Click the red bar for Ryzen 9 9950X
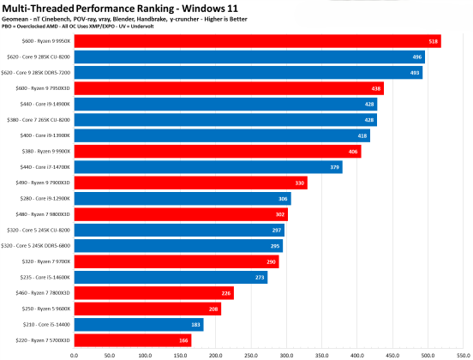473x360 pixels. click(x=257, y=41)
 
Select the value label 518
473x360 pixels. click(x=434, y=41)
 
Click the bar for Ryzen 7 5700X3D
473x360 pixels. click(x=132, y=341)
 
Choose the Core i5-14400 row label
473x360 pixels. click(x=44, y=325)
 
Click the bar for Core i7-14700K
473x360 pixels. click(x=207, y=167)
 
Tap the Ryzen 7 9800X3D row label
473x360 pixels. click(x=40, y=214)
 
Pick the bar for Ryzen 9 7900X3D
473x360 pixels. click(x=190, y=183)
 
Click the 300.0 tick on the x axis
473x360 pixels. click(x=284, y=352)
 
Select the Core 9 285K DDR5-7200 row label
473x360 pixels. click(x=37, y=73)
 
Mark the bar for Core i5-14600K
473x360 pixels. click(x=171, y=278)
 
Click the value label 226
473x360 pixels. click(x=226, y=293)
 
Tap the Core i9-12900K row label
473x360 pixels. click(x=43, y=199)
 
